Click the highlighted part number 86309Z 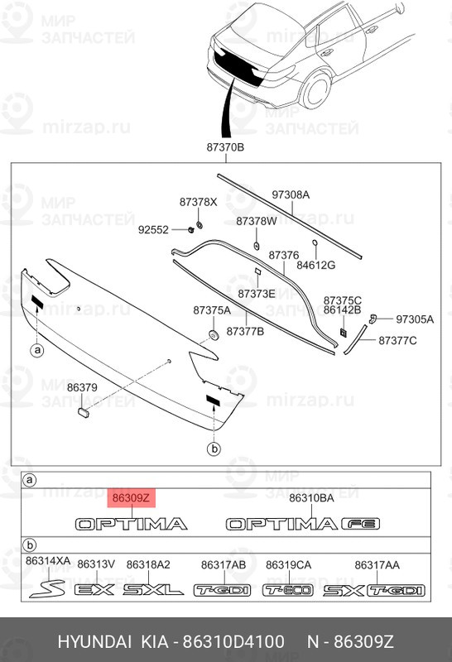pos(132,498)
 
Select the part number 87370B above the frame pos(225,147)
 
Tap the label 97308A pos(291,194)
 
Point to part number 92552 pos(153,230)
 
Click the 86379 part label pos(83,387)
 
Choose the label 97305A pos(415,319)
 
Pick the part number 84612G pos(315,265)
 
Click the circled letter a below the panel pos(37,350)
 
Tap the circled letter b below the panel pos(214,449)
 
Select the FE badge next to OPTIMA pos(361,524)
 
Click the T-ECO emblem pos(288,590)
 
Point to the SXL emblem pos(153,589)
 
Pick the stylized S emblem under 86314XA pos(47,588)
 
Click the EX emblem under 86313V pos(94,589)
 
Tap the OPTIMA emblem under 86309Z pos(131,524)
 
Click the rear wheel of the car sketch pos(315,90)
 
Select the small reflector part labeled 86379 pos(84,412)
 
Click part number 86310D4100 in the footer pos(233,642)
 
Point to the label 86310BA pos(311,498)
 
